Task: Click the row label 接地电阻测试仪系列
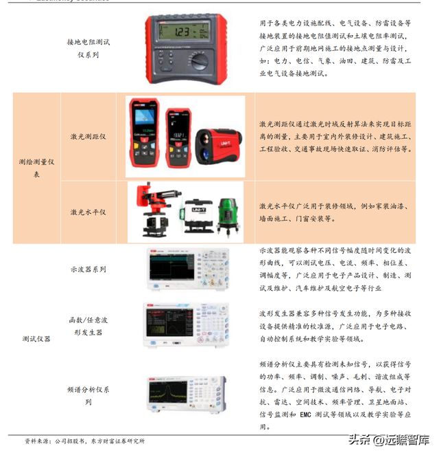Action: click(x=88, y=47)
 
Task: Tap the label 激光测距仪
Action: click(x=88, y=137)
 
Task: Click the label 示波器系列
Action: click(x=88, y=269)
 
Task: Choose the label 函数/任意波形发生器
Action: click(x=88, y=326)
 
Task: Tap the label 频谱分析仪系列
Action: click(x=88, y=395)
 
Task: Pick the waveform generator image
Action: click(x=185, y=324)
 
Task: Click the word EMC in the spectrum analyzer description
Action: click(x=307, y=415)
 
